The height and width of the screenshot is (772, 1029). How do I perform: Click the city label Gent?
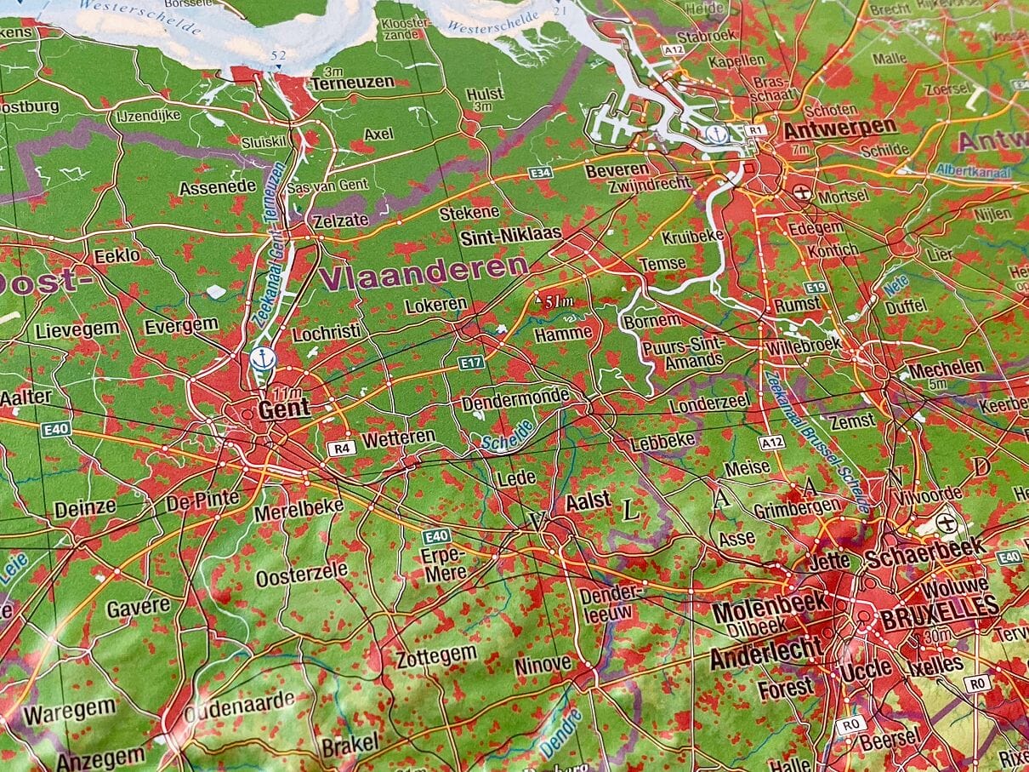click(283, 410)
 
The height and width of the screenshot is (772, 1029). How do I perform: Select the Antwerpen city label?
click(839, 129)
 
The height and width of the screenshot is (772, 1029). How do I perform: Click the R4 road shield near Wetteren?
click(340, 448)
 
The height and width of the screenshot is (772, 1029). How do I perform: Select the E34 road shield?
click(539, 173)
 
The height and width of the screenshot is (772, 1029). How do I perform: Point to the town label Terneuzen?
click(352, 83)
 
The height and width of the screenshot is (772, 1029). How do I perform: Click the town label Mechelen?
click(946, 369)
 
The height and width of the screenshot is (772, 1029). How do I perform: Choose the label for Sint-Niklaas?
click(510, 236)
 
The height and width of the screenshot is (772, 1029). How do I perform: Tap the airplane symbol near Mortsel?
click(801, 192)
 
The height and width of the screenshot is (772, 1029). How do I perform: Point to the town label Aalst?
click(588, 501)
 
